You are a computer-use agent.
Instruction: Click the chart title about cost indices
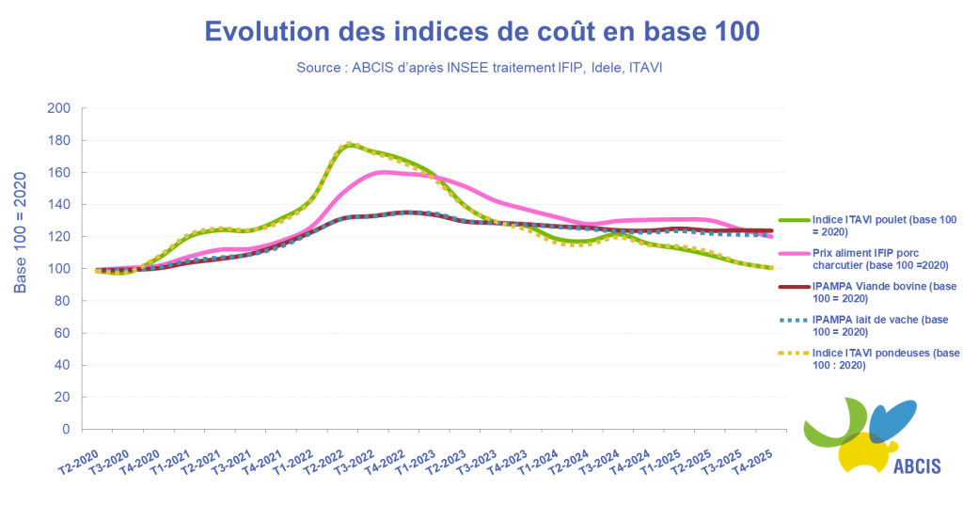[x=481, y=31]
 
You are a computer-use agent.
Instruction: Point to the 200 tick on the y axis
[x=59, y=108]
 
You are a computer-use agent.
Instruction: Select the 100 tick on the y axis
[x=59, y=269]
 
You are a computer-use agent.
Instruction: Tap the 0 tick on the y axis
[x=65, y=429]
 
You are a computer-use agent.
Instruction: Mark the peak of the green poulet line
[x=349, y=145]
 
